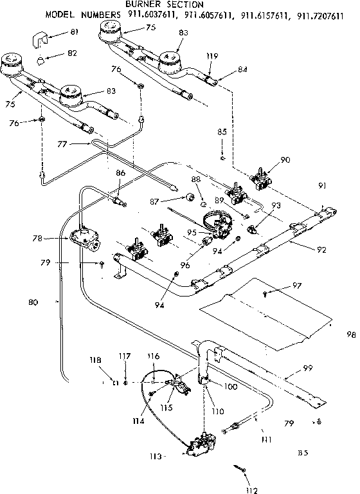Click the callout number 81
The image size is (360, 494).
point(74,32)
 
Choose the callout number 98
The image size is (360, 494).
point(350,334)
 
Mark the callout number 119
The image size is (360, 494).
point(211,56)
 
